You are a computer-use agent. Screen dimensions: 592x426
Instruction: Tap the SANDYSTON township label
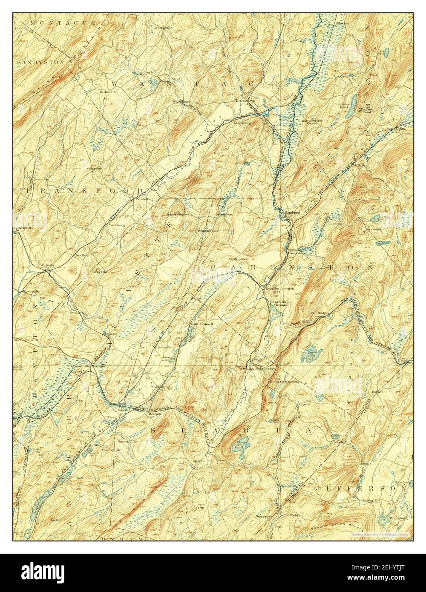point(41,62)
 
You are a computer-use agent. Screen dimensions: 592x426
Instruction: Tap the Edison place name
point(303,404)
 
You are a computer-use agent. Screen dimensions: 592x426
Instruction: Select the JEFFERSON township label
point(362,489)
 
